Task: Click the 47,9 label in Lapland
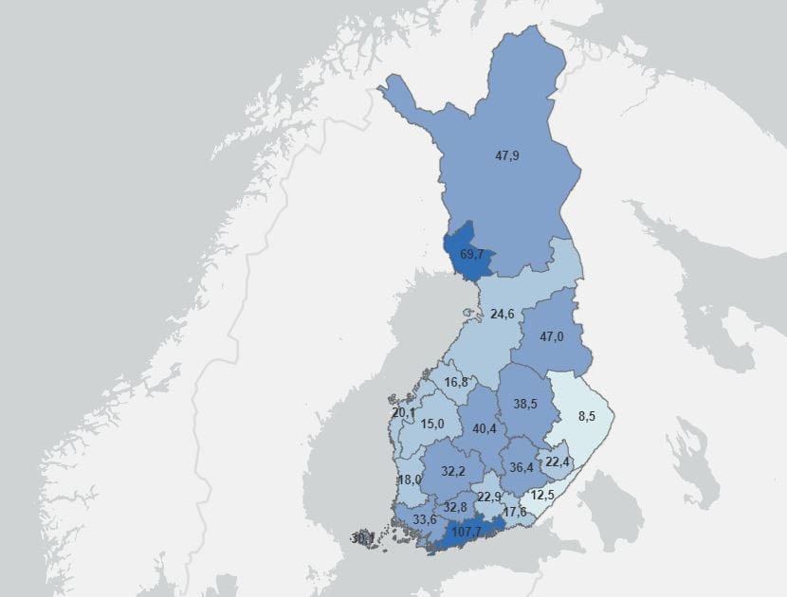pos(507,155)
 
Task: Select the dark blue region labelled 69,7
pos(471,255)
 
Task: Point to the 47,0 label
pos(553,336)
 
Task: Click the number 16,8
pos(456,382)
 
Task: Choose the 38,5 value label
pos(525,404)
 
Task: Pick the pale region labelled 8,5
pos(587,415)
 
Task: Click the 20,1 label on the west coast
pos(403,413)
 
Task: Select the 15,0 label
pos(432,424)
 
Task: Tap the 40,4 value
pos(485,429)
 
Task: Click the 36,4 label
pos(521,467)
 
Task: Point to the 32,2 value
pos(454,471)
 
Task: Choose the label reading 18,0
pos(409,479)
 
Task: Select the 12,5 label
pos(542,495)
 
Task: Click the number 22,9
pos(489,497)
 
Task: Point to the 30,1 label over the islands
pos(362,538)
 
